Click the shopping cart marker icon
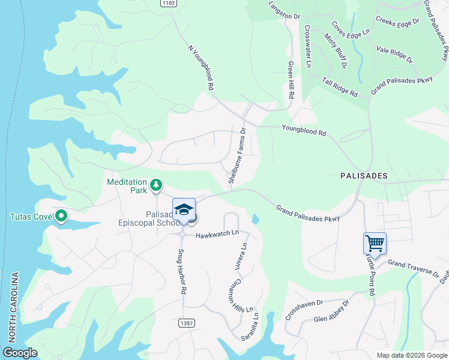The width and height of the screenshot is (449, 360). coord(375,244)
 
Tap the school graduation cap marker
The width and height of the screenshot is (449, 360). coord(184,209)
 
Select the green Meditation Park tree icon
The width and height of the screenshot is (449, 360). coord(155,184)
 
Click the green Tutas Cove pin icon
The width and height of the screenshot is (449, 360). coord(61,216)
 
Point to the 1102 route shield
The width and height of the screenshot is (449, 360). coord(169,3)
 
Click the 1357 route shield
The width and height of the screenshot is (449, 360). coord(186,323)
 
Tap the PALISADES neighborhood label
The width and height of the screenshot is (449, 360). coord(363,176)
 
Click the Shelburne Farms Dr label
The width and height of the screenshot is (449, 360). coord(237,155)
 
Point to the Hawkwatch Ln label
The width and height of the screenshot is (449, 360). coord(217,232)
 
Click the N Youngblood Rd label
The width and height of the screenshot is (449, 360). coord(200,67)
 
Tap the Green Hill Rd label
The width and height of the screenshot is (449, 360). coord(291,79)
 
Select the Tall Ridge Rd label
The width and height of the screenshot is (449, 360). coord(340,87)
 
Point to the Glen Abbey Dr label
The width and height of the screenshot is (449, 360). coord(331,311)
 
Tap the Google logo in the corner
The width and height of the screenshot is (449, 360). coord(20,353)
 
